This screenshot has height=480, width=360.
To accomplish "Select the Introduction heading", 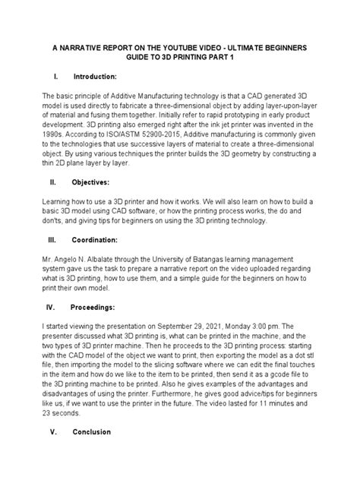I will (95, 77).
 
